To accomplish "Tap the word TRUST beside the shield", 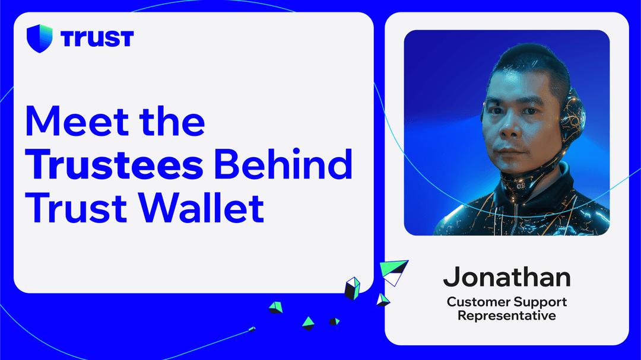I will coord(97,39).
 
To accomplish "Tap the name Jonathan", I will coord(507,277).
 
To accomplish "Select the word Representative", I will coord(507,316).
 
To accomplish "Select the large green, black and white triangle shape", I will coord(395,270).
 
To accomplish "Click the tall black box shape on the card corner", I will coord(352,288).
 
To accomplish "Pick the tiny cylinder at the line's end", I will coord(252,329).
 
